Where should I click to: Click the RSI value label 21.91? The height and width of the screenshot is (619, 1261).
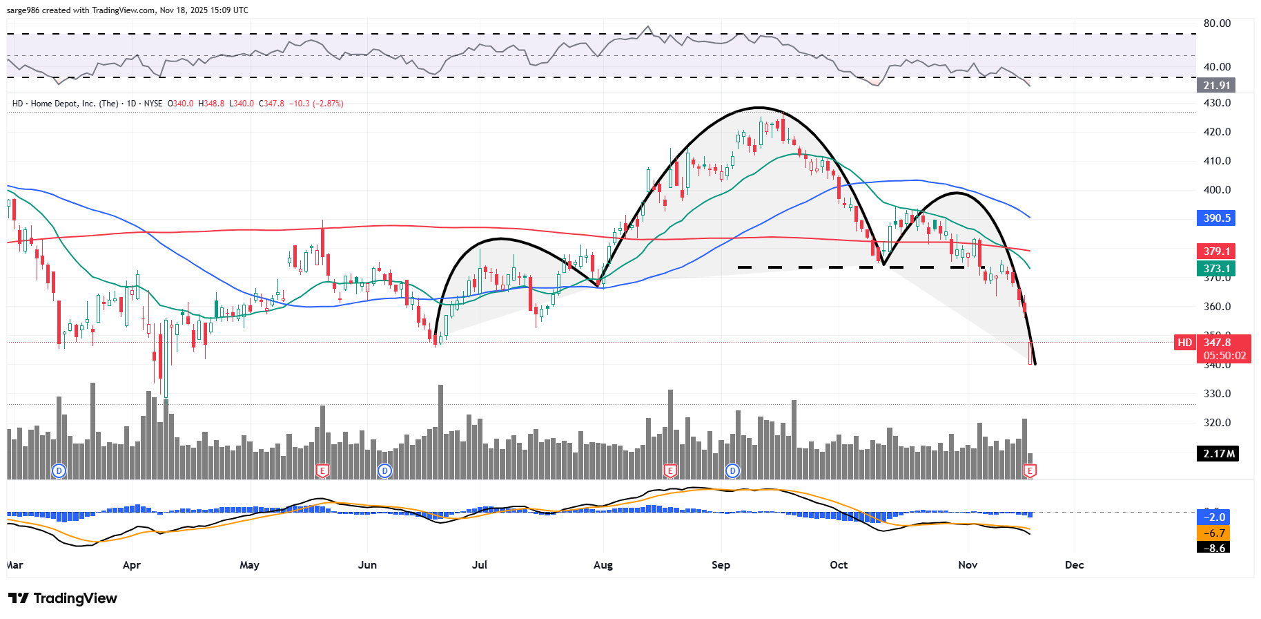click(1216, 86)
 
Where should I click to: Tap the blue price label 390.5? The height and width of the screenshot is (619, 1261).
click(1216, 218)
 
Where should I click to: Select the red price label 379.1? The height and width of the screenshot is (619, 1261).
click(1216, 251)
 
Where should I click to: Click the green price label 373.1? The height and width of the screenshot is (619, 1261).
click(1216, 269)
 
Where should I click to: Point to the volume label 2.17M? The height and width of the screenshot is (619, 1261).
click(1218, 454)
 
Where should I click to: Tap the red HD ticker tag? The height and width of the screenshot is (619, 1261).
click(1184, 343)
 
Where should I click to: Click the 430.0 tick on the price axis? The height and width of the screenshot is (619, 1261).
click(1217, 103)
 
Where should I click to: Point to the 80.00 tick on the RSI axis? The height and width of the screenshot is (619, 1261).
click(1217, 23)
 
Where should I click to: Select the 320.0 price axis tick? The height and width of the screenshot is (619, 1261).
click(1217, 423)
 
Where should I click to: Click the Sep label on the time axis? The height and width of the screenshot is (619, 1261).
click(721, 565)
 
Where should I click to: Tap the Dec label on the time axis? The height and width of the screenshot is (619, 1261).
click(1074, 565)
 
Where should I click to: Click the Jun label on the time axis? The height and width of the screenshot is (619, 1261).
click(367, 565)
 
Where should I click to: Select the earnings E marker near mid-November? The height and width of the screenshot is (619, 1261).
click(1030, 471)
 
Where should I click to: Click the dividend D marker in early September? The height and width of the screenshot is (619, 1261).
click(732, 471)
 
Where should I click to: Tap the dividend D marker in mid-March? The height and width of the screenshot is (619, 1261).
click(59, 471)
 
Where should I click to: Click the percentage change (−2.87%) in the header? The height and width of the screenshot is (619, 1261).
click(328, 104)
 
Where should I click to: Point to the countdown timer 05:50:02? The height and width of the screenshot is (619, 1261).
click(1224, 356)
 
